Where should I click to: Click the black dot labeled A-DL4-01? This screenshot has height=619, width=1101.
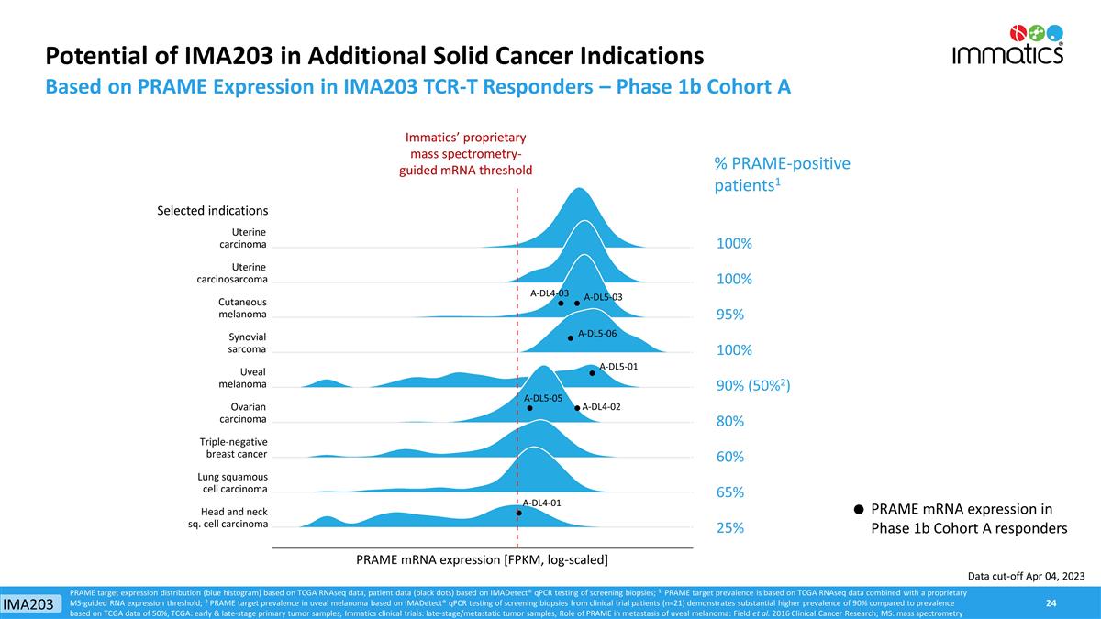519,513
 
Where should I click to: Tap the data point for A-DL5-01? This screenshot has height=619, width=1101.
593,373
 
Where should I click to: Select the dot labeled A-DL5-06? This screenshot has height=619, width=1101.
571,337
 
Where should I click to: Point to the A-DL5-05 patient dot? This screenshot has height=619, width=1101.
530,408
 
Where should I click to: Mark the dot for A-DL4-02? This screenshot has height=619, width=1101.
577,408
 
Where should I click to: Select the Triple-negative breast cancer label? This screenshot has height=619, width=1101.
233,448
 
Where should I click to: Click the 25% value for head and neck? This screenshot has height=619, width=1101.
729,528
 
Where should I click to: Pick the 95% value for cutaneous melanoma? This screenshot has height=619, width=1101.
729,315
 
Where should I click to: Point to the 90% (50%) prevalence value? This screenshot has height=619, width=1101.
752,386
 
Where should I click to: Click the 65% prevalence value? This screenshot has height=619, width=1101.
729,492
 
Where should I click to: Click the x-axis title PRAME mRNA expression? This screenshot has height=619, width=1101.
483,558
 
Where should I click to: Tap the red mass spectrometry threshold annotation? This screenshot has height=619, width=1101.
465,153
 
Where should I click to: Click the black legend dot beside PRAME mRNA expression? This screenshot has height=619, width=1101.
858,510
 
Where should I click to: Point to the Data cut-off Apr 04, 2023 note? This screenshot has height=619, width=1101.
1025,575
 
